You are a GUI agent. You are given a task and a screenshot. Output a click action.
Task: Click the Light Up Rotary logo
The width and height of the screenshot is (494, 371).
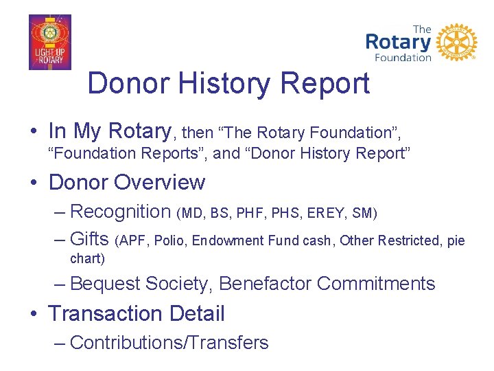[49, 43]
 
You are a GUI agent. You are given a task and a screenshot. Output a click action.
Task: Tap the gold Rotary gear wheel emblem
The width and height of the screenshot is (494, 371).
[456, 42]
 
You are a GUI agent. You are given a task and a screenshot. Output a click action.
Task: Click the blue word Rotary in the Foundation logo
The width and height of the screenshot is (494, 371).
[398, 42]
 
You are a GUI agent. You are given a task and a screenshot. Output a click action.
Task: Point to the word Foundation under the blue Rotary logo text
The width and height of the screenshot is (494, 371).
[403, 58]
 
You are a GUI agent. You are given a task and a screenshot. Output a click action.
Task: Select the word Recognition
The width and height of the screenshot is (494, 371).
[120, 212]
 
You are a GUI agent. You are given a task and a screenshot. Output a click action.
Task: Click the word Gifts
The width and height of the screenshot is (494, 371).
[90, 240]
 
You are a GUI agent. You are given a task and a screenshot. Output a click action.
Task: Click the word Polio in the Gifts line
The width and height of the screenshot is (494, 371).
[170, 241]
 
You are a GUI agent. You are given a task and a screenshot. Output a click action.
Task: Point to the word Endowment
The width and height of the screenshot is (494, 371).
[228, 241]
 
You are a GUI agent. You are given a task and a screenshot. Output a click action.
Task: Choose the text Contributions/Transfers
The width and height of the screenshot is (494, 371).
[169, 342]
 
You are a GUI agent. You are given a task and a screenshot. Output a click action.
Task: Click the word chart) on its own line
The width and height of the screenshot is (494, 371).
[88, 259]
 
